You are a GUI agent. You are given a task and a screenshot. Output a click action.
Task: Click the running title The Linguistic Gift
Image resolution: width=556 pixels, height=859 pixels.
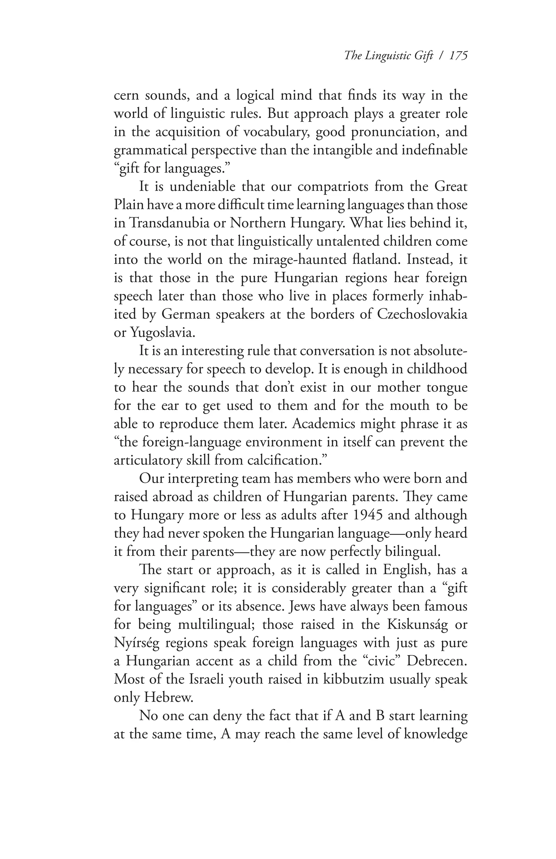click(388, 56)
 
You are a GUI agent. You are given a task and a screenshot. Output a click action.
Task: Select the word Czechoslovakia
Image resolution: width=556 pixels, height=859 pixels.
click(422, 314)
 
